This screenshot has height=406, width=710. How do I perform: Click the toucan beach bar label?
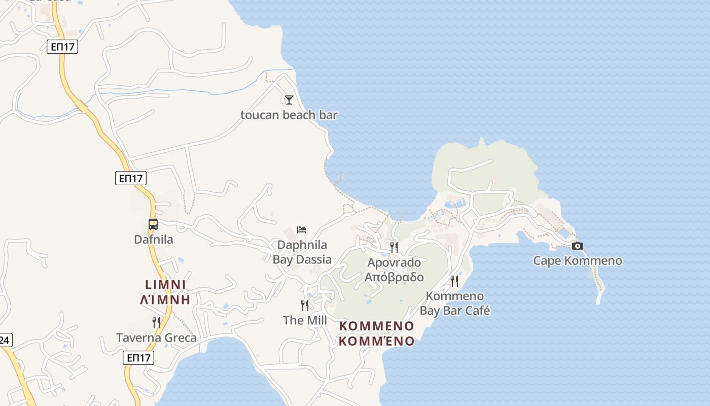click(x=289, y=115)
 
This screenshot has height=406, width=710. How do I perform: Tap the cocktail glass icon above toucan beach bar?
click(x=289, y=99)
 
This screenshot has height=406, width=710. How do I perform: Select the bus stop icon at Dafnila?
click(x=153, y=224)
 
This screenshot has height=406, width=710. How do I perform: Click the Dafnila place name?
click(x=153, y=240)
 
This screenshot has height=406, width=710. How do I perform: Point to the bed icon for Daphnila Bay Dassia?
click(x=302, y=230)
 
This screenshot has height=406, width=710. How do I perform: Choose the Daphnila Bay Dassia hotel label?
click(x=302, y=252)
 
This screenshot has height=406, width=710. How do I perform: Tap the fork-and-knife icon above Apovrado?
click(x=394, y=247)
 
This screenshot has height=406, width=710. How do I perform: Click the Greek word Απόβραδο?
click(x=394, y=277)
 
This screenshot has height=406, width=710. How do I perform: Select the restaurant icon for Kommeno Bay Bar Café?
click(x=454, y=281)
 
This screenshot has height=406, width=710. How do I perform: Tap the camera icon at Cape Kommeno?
click(x=577, y=246)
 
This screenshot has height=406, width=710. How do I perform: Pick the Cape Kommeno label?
click(x=577, y=261)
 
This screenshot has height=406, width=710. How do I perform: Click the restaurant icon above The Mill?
click(x=304, y=305)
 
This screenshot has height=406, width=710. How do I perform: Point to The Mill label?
click(x=305, y=320)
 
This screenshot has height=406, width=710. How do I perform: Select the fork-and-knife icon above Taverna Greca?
click(x=156, y=322)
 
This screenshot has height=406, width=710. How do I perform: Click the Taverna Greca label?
click(x=156, y=337)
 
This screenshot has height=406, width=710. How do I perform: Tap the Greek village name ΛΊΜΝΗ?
click(x=165, y=299)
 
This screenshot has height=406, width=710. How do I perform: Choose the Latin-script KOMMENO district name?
click(x=376, y=326)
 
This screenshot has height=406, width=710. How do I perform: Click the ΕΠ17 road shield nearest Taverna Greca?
click(x=138, y=358)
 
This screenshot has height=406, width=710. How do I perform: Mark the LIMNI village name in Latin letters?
click(x=165, y=285)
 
